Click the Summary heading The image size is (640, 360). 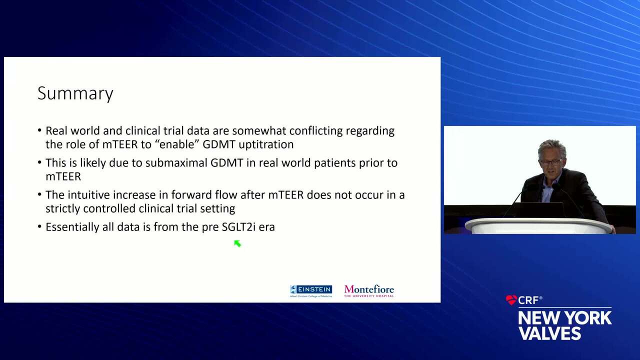coord(75,93)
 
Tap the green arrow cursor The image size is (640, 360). coord(237,243)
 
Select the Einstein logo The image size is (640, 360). coord(311,291)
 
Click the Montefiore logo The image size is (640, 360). coord(369,291)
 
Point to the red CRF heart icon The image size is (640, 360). coord(511,300)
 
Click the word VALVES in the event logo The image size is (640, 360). coord(549,333)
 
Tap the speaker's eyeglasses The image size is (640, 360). coord(550,162)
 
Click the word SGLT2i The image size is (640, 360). coord(238,227)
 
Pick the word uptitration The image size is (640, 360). coord(266,144)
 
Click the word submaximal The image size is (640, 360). coord(176,163)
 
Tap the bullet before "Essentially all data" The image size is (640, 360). coord(39,227)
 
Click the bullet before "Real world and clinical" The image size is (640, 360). coord(39,130)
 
